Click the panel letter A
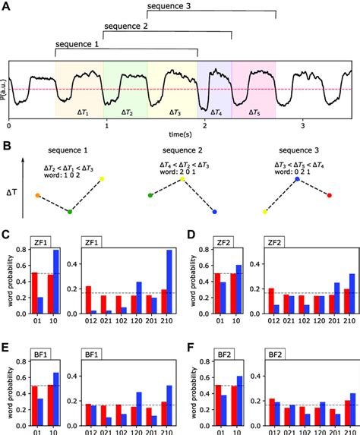7,7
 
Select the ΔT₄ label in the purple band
216,112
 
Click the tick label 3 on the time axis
302,124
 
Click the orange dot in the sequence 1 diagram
37,195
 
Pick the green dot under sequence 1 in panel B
69,212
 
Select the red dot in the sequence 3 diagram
329,195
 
